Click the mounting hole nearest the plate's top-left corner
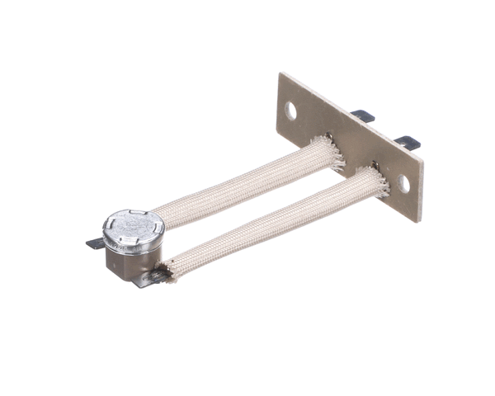pos(290,108)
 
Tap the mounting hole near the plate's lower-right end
pos(403,183)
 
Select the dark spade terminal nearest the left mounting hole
pos(361,116)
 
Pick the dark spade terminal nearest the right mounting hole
pos(407,142)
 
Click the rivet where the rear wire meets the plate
pos(329,136)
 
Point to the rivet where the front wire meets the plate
pos(375,166)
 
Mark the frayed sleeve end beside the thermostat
pos(170,267)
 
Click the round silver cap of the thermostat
pos(133,228)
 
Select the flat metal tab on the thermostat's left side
pos(95,243)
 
